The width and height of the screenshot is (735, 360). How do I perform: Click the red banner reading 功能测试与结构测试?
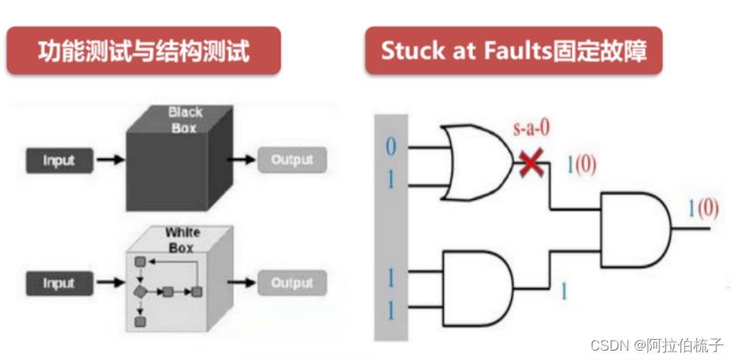coord(144,51)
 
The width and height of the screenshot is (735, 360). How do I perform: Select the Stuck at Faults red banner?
coord(513,51)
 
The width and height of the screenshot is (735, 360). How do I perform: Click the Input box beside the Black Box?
coord(59,160)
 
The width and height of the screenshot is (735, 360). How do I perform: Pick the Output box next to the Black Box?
coord(292,160)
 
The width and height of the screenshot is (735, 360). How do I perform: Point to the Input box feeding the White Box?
coord(59,283)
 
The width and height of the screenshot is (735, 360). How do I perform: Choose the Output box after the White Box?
coord(292,283)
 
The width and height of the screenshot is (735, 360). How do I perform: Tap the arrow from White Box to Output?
coord(242,283)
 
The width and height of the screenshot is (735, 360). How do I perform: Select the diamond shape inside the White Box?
coord(140,292)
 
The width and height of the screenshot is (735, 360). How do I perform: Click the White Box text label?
coord(183,239)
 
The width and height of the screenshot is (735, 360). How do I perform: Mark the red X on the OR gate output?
coord(532,163)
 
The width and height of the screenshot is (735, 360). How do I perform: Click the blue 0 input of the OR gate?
coord(390,145)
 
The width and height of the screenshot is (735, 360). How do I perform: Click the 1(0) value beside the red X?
coord(582,166)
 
